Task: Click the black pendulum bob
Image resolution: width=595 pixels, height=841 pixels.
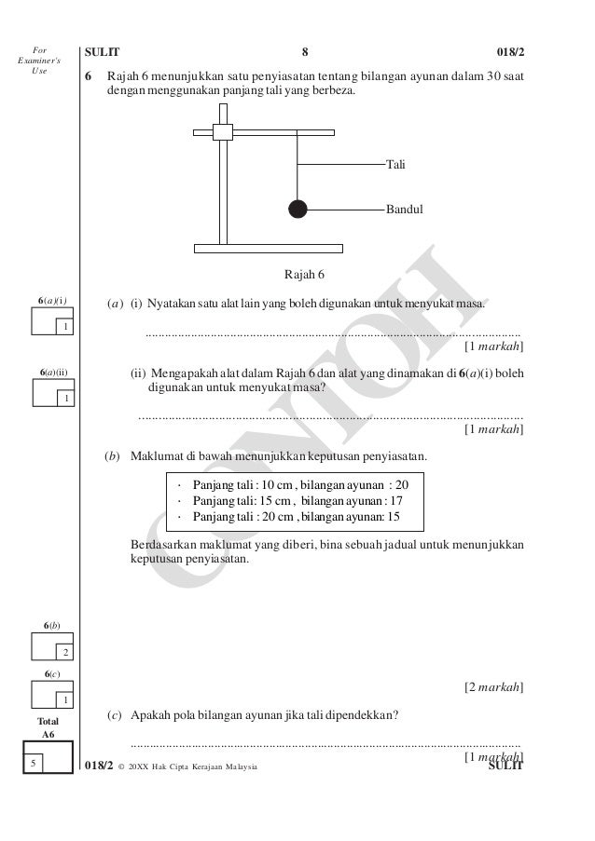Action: pos(297,209)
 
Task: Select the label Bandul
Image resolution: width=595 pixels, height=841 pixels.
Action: pos(405,210)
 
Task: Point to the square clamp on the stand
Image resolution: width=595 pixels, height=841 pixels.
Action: pos(222,131)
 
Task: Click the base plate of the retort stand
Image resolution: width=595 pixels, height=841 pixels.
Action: pos(269,249)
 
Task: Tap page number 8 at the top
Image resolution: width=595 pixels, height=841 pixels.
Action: pos(305,52)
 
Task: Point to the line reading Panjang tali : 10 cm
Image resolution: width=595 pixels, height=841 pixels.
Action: pos(244,485)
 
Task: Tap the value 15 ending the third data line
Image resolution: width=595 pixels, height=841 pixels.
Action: pos(394,517)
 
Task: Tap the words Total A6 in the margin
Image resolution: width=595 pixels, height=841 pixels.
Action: pos(48,727)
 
